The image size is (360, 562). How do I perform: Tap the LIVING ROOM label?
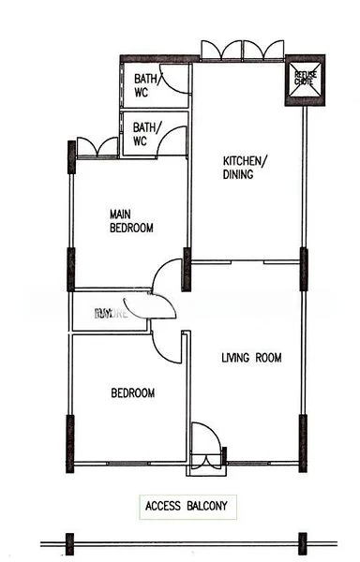pos(251,358)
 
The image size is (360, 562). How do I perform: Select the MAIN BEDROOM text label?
pos(131,221)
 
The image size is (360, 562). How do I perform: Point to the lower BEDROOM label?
pos(132,393)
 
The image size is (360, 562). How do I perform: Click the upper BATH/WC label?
pos(145,85)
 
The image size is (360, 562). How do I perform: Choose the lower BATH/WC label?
pos(145,134)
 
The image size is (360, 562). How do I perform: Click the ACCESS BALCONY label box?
pos(187,507)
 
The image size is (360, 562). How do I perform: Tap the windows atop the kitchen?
pos(243,50)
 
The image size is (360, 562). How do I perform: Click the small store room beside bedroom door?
pos(108,313)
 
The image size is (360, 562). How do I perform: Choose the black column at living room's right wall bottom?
pos(303,440)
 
